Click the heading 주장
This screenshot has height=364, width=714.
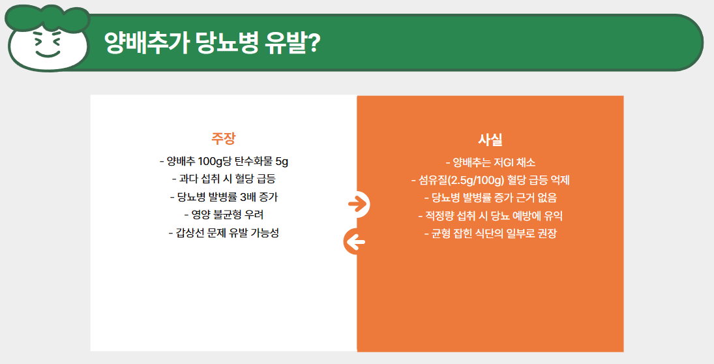(223, 138)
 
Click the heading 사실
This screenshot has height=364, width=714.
(490, 140)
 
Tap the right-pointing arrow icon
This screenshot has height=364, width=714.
(357, 204)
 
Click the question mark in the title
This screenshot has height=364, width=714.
(312, 44)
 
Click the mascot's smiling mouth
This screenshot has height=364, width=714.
(47, 53)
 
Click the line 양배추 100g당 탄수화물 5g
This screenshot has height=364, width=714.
(223, 160)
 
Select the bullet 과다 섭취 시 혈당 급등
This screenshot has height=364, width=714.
(223, 178)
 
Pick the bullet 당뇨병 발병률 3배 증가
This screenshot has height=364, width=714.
(223, 196)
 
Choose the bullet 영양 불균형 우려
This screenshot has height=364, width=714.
(223, 214)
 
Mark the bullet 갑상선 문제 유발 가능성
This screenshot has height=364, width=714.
(223, 232)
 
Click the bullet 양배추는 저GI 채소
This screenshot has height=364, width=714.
(490, 162)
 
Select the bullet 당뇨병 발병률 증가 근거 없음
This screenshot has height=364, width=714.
(490, 198)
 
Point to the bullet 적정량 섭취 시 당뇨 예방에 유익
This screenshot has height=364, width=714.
(490, 215)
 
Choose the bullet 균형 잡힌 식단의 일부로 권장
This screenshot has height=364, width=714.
(490, 234)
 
